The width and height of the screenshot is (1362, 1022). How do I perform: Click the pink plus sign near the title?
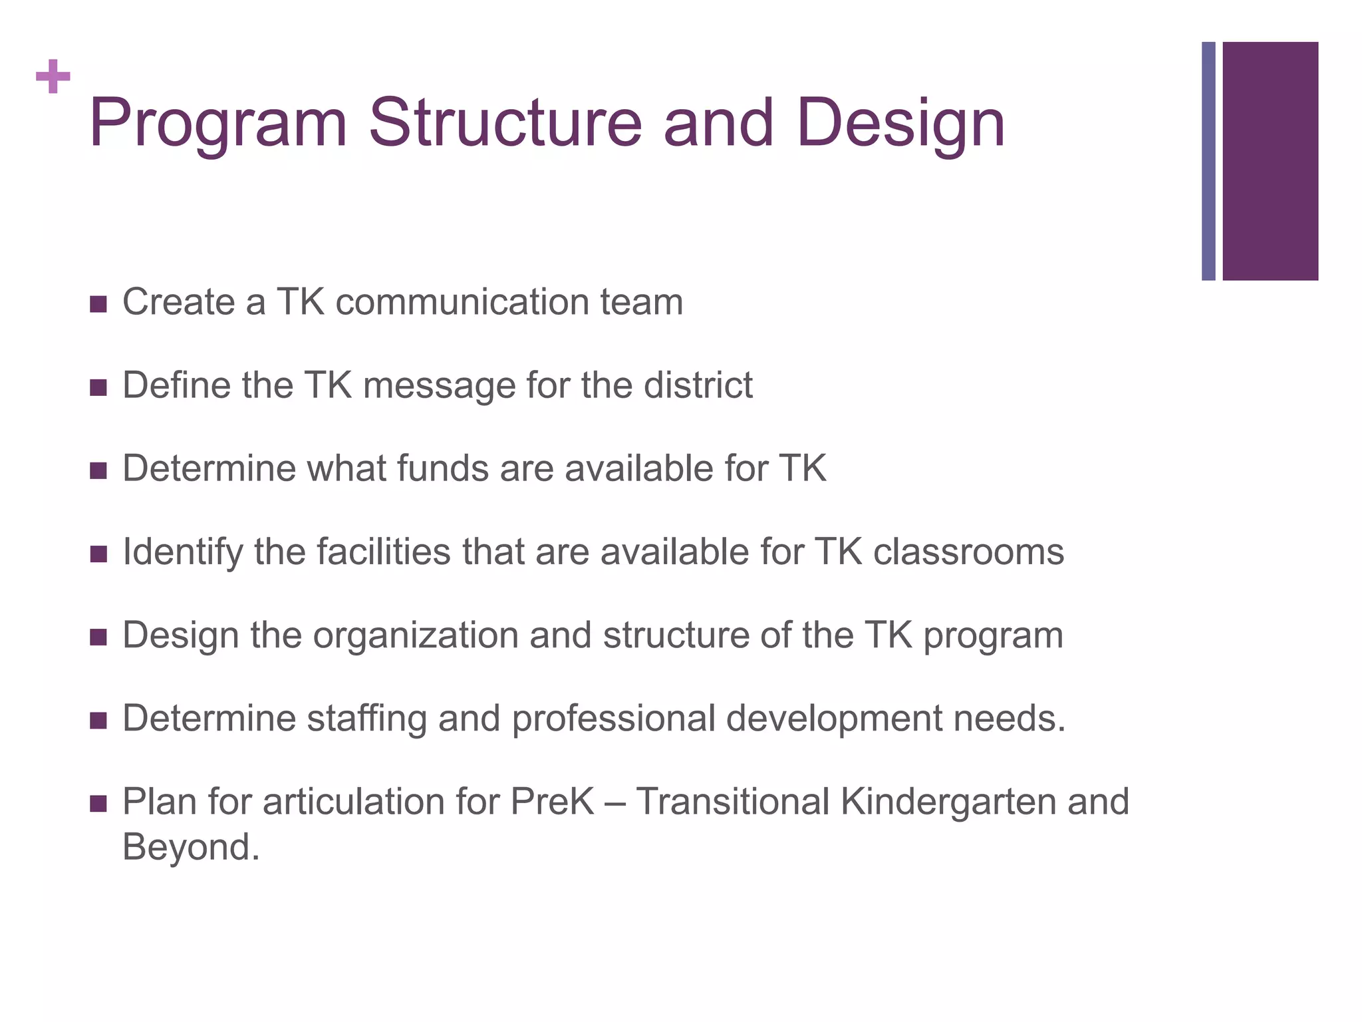point(53,77)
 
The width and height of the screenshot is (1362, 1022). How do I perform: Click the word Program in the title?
point(218,124)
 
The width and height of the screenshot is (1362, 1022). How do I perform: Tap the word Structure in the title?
point(505,124)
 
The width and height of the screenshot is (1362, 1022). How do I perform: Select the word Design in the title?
point(900,124)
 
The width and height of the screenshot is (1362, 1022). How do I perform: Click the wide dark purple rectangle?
point(1270,160)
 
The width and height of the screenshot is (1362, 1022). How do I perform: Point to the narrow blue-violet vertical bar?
point(1208,160)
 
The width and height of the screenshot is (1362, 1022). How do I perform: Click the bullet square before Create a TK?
point(98,305)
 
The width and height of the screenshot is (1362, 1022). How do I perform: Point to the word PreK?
point(552,802)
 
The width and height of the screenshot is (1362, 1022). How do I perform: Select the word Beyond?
point(191,848)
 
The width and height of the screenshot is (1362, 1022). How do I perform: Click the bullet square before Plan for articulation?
point(98,804)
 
